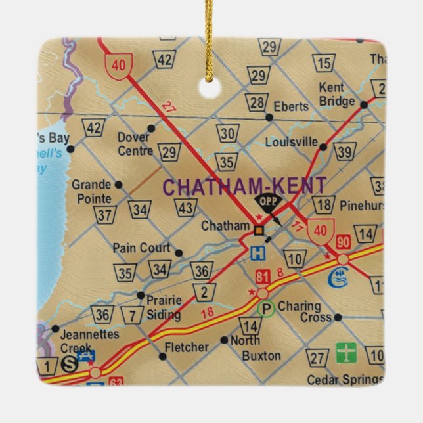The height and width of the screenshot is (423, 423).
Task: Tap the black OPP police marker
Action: click(265, 202)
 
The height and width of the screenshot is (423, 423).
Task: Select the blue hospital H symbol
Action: click(259, 252)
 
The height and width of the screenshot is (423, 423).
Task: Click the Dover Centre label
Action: click(135, 144)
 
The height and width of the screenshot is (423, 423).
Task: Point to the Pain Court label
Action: click(141, 248)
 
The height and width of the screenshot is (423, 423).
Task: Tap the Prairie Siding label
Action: click(163, 307)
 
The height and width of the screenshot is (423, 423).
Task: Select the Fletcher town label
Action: click(187, 347)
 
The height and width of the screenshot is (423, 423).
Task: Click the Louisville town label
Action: click(292, 142)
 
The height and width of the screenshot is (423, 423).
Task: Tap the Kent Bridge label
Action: click(336, 95)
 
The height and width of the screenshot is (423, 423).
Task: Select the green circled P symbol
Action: click(266, 308)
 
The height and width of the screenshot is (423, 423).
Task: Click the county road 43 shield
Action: click(186, 209)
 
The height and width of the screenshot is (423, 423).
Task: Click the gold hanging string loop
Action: click(210, 39)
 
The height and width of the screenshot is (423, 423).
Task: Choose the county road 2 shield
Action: click(204, 293)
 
